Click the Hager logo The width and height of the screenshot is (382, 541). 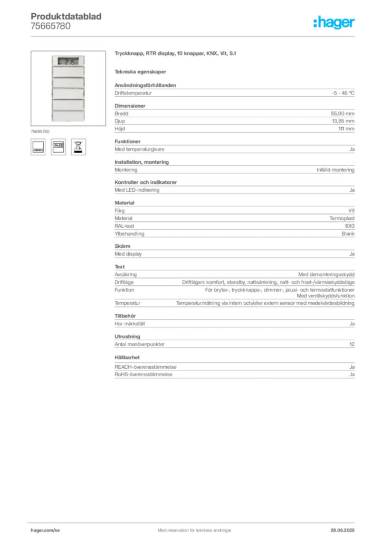tap(333, 22)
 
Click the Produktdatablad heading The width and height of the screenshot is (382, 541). tap(66, 16)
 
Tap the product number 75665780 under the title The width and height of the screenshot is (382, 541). tap(51, 26)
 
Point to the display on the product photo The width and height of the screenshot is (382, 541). tap(68, 61)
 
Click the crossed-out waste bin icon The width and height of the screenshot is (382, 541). tap(79, 147)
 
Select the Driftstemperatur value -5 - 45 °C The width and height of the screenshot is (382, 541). tap(343, 93)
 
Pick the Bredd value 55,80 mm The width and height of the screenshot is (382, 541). tap(342, 114)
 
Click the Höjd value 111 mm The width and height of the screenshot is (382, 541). tap(346, 129)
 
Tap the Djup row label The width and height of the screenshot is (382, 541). tap(120, 121)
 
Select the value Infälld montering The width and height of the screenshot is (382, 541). tap(336, 170)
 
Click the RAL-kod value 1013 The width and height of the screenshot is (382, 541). tap(350, 226)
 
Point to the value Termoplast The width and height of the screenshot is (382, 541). tap(342, 218)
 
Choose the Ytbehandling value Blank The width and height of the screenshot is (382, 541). tap(348, 234)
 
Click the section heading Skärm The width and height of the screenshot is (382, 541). tap(122, 246)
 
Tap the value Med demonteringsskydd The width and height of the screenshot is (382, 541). tap(326, 274)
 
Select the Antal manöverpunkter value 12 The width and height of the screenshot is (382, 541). tap(352, 344)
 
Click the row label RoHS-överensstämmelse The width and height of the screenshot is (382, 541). tap(144, 375)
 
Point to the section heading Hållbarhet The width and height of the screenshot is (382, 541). tap(127, 358)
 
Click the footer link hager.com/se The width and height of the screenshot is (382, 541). tap(45, 530)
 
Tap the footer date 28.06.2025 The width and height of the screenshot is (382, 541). tap(342, 530)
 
